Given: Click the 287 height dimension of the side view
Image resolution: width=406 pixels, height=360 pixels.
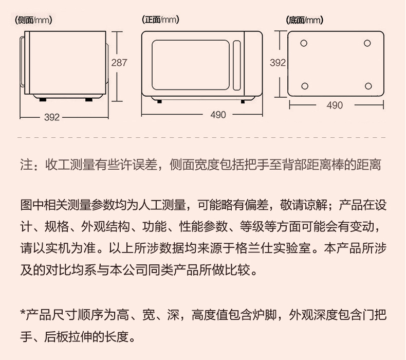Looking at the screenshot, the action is [x=119, y=62].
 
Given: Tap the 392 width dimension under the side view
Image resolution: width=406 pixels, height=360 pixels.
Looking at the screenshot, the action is [x=52, y=117].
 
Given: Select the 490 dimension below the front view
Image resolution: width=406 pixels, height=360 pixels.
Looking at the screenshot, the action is [x=218, y=115].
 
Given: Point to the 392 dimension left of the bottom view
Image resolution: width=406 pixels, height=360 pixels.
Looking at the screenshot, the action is [x=278, y=62].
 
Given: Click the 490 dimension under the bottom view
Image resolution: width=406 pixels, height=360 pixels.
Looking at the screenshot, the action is [x=335, y=105].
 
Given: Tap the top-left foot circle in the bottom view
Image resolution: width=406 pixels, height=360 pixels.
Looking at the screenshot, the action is [x=304, y=43].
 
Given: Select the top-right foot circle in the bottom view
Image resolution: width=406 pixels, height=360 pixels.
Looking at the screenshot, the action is [x=367, y=43].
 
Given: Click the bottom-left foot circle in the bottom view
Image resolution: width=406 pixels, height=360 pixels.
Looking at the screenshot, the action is [x=305, y=86].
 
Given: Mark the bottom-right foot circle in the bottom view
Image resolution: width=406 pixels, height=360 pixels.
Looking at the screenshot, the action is [x=368, y=86].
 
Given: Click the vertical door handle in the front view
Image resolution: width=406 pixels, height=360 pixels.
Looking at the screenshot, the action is [x=236, y=65].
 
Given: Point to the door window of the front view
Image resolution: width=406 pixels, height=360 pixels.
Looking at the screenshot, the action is [x=191, y=65].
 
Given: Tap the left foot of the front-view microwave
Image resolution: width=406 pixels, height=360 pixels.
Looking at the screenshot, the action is [x=159, y=102].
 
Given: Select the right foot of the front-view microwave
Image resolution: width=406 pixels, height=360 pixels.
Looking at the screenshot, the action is [x=243, y=102].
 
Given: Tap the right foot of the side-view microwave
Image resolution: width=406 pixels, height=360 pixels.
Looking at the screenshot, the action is [x=89, y=99].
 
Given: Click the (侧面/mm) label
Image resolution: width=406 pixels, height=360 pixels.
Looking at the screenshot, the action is [x=33, y=20].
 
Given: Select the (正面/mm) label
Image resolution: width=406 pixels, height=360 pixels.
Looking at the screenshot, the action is [x=160, y=20].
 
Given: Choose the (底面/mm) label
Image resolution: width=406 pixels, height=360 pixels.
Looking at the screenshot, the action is [x=304, y=20].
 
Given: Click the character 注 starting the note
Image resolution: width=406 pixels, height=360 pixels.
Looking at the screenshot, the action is [x=26, y=165].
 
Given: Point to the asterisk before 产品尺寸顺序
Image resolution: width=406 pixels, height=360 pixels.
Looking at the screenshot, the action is [x=23, y=312].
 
